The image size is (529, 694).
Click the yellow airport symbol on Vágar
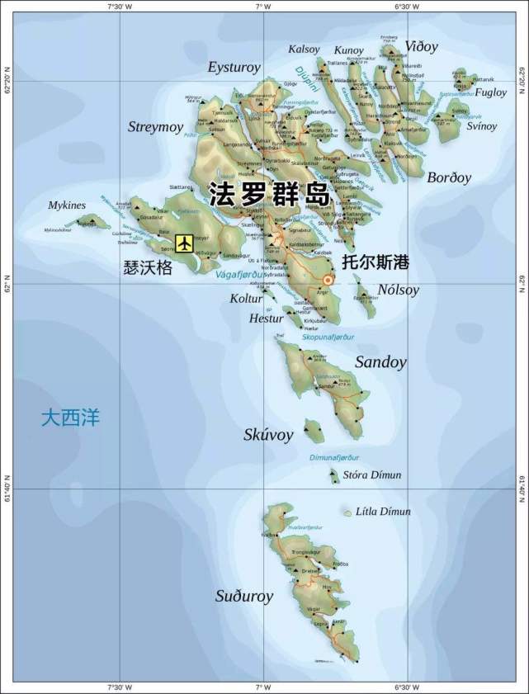pyautogui.click(x=184, y=243)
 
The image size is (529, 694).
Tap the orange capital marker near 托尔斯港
pyautogui.click(x=328, y=280)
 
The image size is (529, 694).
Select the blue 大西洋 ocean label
pyautogui.click(x=70, y=418)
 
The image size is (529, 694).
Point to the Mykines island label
pyautogui.click(x=68, y=205)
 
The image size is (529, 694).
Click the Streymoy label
pyautogui.click(x=154, y=127)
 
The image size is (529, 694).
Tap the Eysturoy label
pyautogui.click(x=234, y=67)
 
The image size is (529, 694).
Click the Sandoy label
pyautogui.click(x=380, y=361)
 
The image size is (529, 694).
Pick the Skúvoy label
pyautogui.click(x=268, y=435)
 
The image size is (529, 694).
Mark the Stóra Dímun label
pyautogui.click(x=372, y=475)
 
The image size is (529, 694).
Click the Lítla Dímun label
pyautogui.click(x=383, y=512)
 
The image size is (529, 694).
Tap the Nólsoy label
pyautogui.click(x=399, y=290)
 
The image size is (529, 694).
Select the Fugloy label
pyautogui.click(x=490, y=92)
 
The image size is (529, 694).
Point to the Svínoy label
pyautogui.click(x=482, y=126)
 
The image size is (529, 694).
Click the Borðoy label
pyautogui.click(x=449, y=177)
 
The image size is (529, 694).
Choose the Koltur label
pyautogui.click(x=246, y=299)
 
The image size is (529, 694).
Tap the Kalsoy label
pyautogui.click(x=304, y=50)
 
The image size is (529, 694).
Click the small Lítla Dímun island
pyautogui.click(x=347, y=513)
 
